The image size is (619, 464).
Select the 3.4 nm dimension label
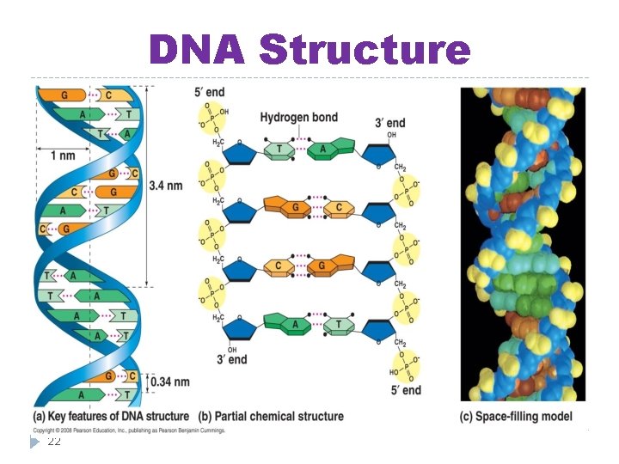coord(166,185)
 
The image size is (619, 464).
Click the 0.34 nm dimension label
coord(169,382)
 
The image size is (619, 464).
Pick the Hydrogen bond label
coord(298,117)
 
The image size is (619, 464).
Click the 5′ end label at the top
coord(210,93)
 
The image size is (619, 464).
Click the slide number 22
coord(54,442)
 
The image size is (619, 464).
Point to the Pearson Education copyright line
coord(129,430)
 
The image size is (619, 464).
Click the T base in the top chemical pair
coord(279,151)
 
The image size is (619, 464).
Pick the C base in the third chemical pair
coord(279,266)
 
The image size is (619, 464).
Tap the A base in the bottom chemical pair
coord(295,324)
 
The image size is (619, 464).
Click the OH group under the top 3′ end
coord(391,135)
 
